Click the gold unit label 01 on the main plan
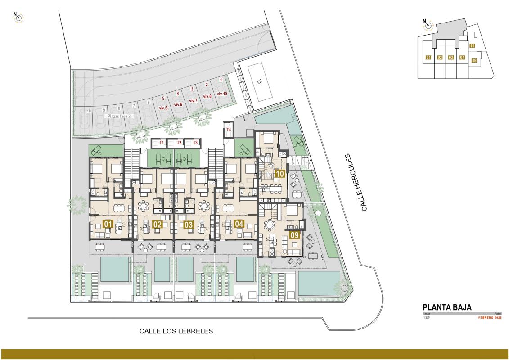(108, 224)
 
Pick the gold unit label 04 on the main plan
(239, 224)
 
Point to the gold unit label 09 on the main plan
(295, 234)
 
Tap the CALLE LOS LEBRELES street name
(176, 331)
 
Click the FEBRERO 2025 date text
(490, 318)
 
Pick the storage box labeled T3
(195, 143)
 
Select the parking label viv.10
(222, 94)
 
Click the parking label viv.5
(163, 108)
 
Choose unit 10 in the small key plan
(472, 45)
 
